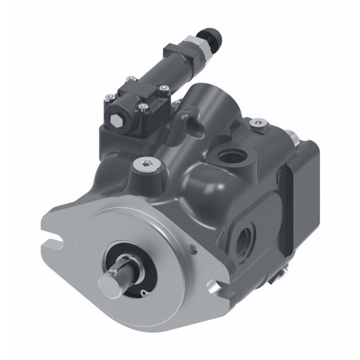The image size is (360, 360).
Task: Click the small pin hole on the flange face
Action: click(x=194, y=250)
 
